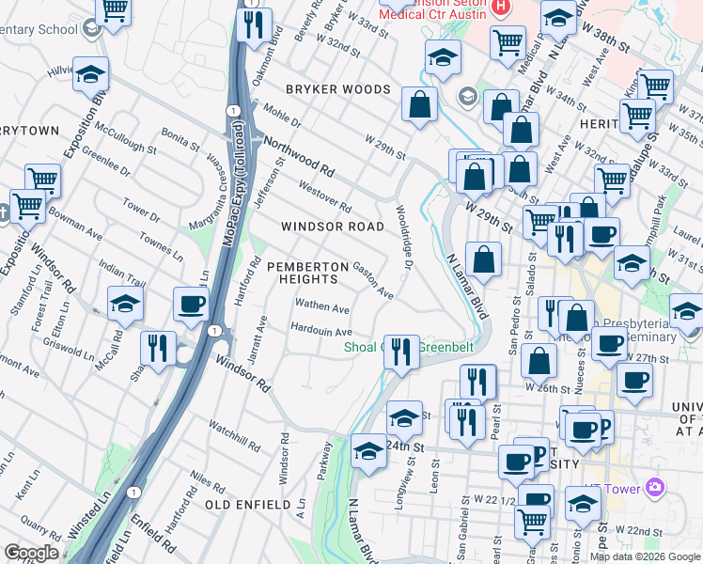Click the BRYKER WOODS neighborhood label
337,89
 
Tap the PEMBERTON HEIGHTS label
302,273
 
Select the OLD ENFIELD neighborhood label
247,505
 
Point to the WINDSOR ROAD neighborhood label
333,227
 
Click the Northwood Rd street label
299,157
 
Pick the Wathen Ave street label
322,307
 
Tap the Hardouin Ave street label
321,332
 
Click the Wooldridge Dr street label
404,240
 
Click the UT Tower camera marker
655,487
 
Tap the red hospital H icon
501,7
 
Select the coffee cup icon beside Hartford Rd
192,305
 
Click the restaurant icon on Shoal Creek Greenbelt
402,351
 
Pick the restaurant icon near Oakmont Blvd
253,24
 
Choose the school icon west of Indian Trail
125,304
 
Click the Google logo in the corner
31,553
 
